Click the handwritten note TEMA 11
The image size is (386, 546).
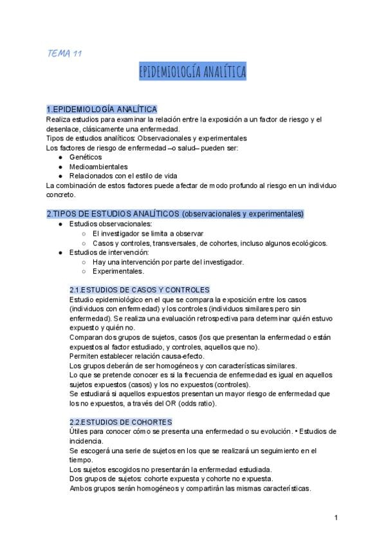(64, 53)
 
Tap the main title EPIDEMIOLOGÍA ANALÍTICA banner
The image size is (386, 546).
(192, 72)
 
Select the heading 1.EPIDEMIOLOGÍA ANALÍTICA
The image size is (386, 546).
(102, 109)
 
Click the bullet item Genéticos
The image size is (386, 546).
(86, 156)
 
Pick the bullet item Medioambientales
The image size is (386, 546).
(98, 166)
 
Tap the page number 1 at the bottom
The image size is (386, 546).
(336, 518)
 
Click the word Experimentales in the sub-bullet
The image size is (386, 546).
(118, 271)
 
